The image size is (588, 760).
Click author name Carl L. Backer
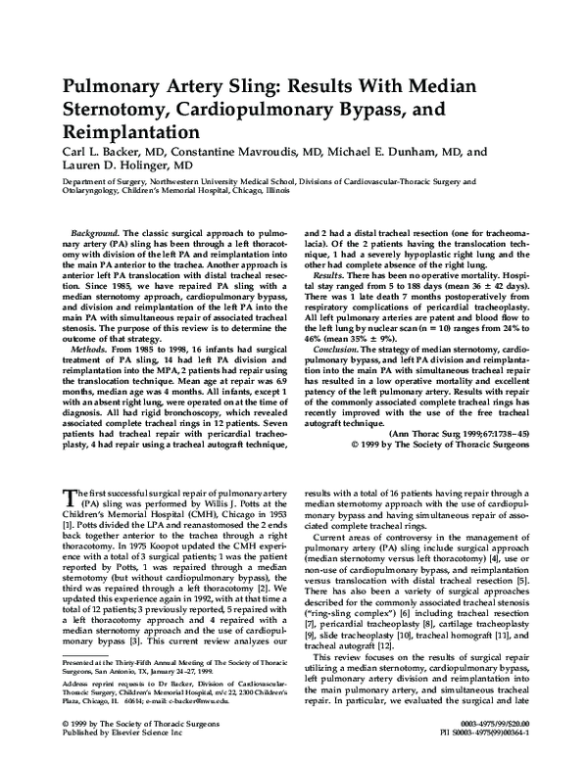coord(109,153)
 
